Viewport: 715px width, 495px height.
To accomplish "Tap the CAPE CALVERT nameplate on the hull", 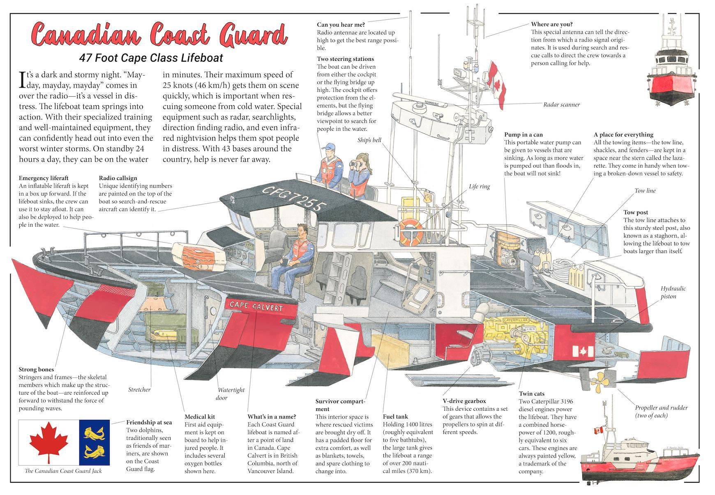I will (x=256, y=307).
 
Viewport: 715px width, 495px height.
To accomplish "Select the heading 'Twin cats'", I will (x=531, y=393).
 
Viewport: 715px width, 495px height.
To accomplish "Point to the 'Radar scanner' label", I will (x=561, y=105).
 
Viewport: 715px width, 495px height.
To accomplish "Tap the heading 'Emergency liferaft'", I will (x=44, y=178).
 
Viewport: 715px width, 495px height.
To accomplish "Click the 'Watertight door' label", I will (x=231, y=393).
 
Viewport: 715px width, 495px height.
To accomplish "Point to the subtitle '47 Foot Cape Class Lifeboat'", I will (x=151, y=58).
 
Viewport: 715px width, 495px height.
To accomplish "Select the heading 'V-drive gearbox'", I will (x=464, y=401).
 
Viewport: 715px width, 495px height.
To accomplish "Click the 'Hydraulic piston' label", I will (x=673, y=292).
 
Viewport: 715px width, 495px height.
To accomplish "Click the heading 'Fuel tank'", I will (x=395, y=416).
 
